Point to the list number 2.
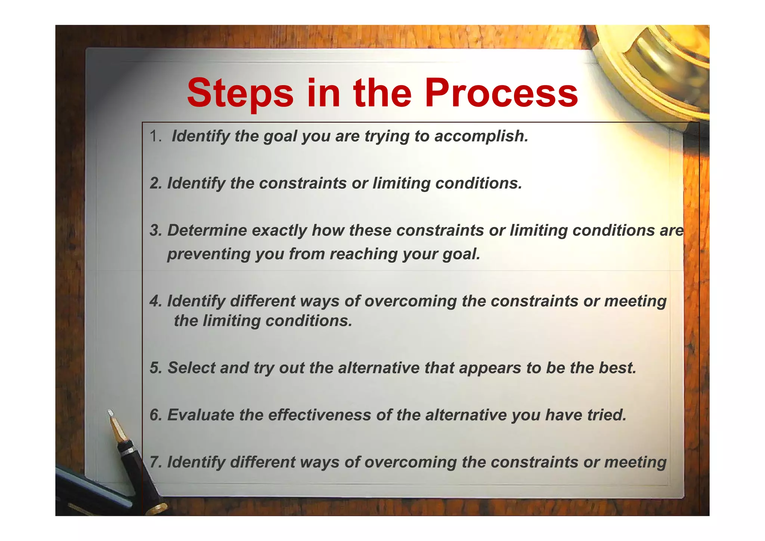point(155,183)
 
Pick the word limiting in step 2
point(401,183)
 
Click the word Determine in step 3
point(207,230)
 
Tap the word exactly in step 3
point(279,230)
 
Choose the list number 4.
point(155,301)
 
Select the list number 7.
point(155,462)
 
